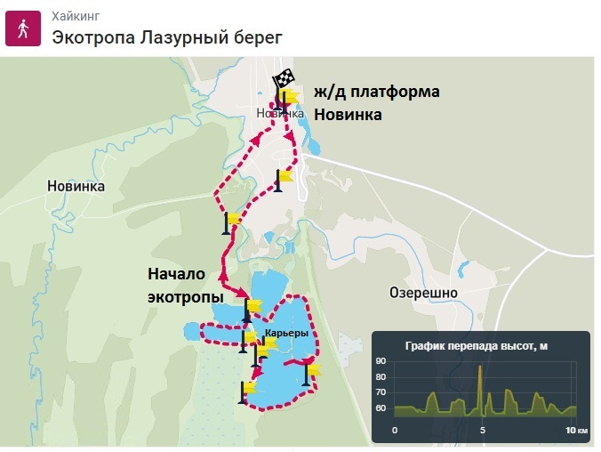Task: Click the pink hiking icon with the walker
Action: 21,28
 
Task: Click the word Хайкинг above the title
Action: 75,15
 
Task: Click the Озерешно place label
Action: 423,292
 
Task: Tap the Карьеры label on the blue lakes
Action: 287,334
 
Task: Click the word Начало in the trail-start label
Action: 176,273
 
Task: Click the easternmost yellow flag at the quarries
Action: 311,368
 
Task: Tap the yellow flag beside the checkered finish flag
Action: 289,96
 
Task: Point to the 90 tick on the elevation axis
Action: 381,360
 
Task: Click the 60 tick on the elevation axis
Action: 381,408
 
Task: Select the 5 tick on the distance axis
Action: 483,430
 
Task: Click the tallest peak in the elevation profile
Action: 481,366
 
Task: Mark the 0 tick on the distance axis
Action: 395,430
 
